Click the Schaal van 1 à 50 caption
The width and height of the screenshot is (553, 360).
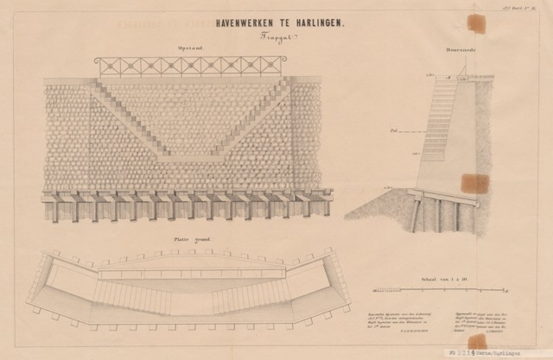444,280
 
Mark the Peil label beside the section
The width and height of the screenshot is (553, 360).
394,129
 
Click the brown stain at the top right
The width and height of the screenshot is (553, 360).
476,23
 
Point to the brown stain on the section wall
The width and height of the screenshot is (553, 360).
474,184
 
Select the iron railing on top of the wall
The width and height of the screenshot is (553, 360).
189,66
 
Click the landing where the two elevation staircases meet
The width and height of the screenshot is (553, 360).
189,158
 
